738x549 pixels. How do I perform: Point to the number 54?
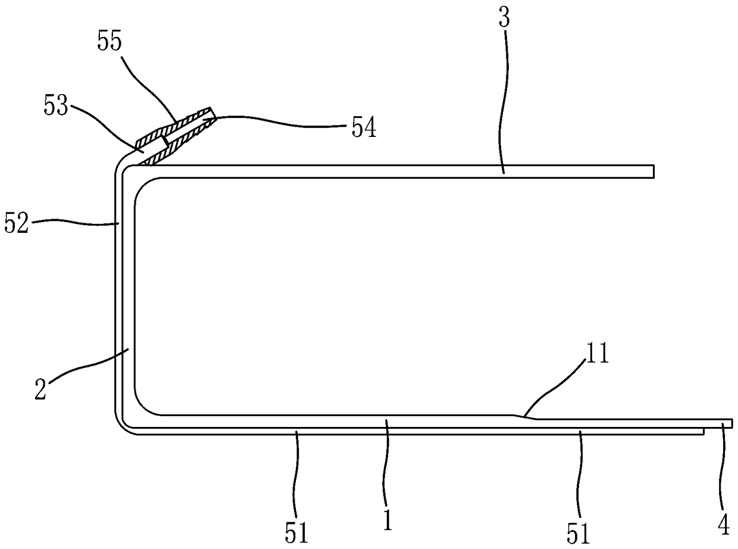pos(363,127)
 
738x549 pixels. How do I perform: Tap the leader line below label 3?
pos(504,101)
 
